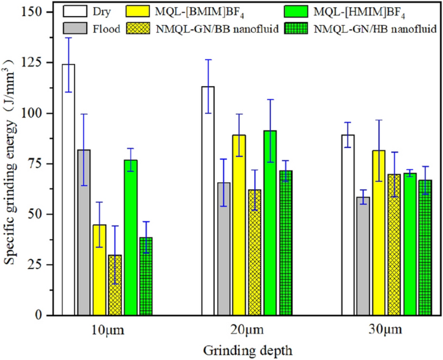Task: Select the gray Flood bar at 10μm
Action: coord(83,232)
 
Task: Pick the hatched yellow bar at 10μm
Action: coord(114,284)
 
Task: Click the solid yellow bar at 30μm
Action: coord(379,232)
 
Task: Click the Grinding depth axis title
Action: coord(247,350)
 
